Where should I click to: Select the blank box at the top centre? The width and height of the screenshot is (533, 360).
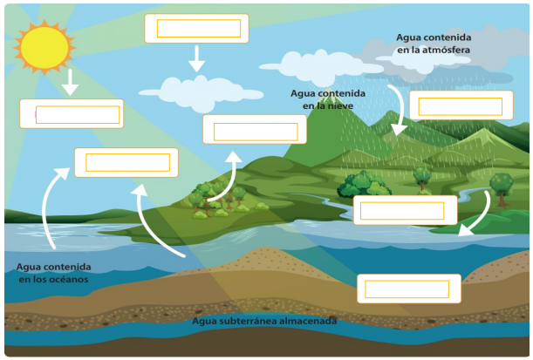coord(197,28)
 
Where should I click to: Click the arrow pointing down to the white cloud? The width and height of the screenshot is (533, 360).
coord(197,59)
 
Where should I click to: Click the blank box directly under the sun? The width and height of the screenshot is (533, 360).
coord(72,114)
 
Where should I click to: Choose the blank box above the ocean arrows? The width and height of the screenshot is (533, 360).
coord(126,162)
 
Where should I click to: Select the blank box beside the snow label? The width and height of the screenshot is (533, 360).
coord(255,130)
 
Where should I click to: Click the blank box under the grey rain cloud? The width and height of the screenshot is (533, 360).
coord(461,105)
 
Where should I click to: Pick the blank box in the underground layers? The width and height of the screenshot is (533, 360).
coord(408,289)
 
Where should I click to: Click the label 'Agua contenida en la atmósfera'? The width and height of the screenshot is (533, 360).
coord(434,44)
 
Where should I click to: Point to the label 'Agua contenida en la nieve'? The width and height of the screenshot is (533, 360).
coord(327,98)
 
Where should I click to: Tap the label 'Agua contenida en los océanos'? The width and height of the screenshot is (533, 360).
coord(52,273)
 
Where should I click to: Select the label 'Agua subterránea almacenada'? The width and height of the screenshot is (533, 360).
coord(264,321)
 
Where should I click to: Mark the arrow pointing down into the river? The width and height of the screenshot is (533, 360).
coord(476,215)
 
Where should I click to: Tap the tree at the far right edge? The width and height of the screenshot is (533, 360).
coord(501,186)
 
